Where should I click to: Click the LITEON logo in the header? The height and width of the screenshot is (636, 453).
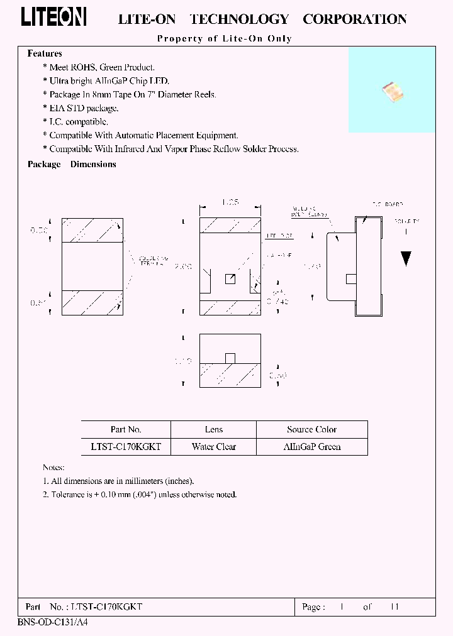tap(53, 18)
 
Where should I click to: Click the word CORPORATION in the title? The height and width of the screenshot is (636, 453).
tap(354, 19)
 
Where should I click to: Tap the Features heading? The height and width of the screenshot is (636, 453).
tap(45, 54)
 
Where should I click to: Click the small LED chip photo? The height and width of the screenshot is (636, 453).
tap(392, 92)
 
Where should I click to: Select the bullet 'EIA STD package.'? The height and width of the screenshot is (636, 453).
tap(84, 108)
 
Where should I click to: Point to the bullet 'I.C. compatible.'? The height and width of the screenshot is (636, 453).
tap(78, 122)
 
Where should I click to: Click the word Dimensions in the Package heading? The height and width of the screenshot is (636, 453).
tap(93, 165)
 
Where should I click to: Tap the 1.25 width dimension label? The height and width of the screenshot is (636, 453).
tap(230, 202)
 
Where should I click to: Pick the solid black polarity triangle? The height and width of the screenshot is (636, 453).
tap(406, 258)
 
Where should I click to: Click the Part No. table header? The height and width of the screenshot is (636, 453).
tap(126, 430)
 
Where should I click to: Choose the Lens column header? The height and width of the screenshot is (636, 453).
tap(214, 430)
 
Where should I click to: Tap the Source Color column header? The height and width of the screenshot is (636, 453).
tap(311, 430)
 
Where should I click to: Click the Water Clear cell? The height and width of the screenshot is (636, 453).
tap(214, 447)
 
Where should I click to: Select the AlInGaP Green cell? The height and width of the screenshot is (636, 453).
tap(311, 447)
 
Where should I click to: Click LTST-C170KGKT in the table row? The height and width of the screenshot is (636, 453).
tap(126, 447)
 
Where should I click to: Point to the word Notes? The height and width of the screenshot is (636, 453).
tap(53, 468)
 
